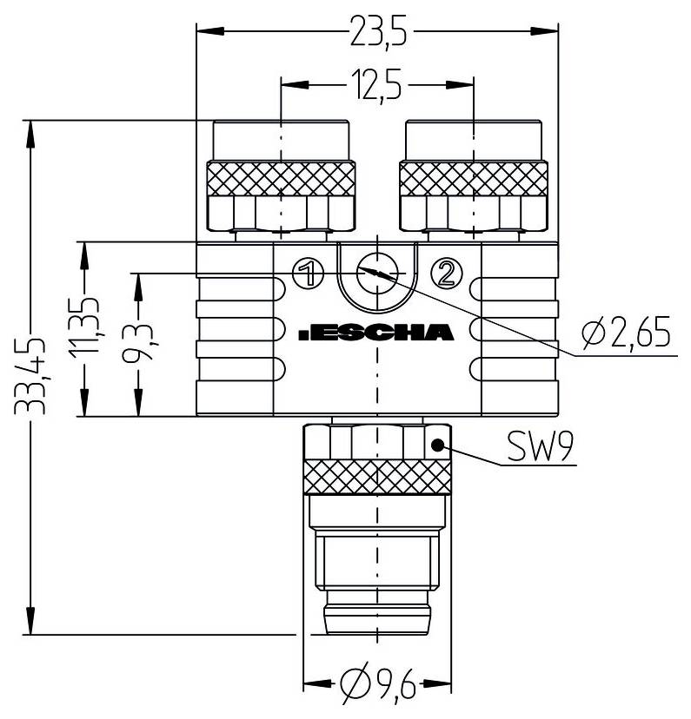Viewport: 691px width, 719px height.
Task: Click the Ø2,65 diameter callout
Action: [628, 333]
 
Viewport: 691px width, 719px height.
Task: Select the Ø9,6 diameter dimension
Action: [377, 691]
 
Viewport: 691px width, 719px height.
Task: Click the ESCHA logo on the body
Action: [375, 332]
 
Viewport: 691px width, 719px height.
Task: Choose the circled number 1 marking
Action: [306, 274]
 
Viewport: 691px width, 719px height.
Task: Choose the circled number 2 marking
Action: [446, 274]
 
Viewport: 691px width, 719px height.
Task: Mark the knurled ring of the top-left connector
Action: [281, 179]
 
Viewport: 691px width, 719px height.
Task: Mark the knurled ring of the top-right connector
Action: [473, 179]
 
